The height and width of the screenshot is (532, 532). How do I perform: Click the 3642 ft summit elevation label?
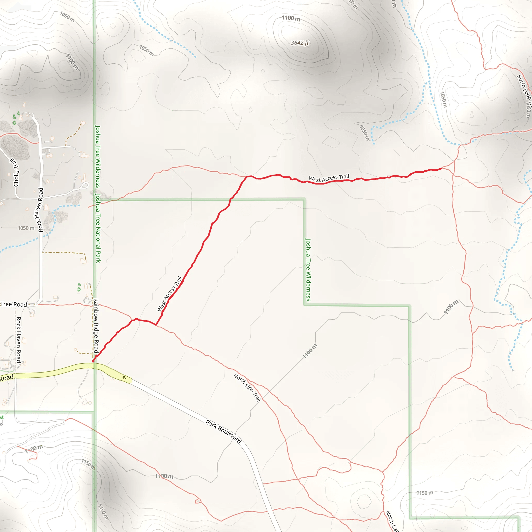[300, 43]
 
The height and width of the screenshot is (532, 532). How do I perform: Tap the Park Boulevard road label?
[224, 431]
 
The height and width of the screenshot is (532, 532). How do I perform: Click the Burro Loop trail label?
[523, 88]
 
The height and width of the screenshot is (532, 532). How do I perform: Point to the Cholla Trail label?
[15, 173]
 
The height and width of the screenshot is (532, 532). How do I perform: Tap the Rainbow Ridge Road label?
[96, 326]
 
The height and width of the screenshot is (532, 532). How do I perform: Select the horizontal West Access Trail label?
[329, 178]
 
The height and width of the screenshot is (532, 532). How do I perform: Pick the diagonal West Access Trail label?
[169, 294]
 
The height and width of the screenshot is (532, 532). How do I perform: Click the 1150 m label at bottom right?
[425, 493]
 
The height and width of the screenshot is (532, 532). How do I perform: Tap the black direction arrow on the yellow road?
[124, 377]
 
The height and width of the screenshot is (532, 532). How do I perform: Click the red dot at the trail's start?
[93, 361]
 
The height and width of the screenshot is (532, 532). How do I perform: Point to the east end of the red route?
[441, 168]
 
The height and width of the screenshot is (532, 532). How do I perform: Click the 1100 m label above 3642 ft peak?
[291, 18]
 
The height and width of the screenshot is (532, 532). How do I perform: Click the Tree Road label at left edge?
[14, 304]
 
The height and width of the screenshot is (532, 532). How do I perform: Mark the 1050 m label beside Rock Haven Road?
[26, 228]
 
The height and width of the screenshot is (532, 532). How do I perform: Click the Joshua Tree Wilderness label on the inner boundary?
[308, 270]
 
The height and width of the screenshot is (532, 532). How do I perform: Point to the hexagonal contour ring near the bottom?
[364, 501]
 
